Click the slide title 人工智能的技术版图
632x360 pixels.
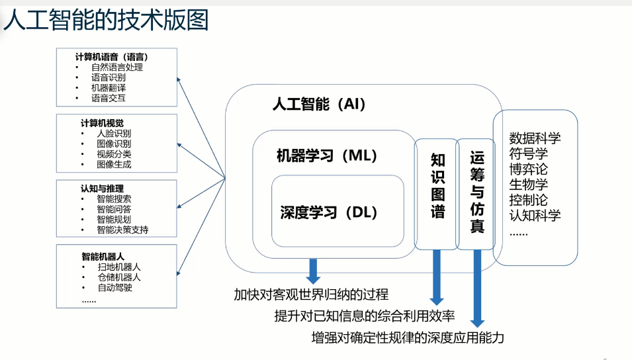106,21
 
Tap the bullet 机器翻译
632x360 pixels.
109,88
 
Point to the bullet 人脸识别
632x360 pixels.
114,133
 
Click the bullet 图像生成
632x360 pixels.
114,164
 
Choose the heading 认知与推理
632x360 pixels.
103,188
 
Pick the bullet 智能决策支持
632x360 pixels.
122,230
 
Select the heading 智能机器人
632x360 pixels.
103,255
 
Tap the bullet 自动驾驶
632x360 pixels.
114,287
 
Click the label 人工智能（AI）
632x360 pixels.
319,105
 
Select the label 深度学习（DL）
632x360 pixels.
328,212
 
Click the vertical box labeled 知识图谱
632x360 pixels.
437,194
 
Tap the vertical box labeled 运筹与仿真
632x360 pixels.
476,193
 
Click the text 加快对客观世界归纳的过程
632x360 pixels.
311,294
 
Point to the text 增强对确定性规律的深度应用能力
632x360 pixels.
408,337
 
